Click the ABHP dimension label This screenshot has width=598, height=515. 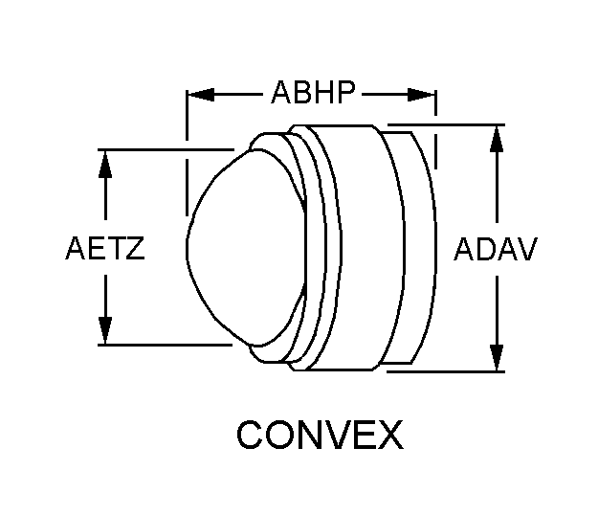tap(314, 92)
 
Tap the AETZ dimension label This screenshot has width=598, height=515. tap(105, 248)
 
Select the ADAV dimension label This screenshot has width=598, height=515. tap(496, 249)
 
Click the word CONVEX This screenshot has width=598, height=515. tap(320, 435)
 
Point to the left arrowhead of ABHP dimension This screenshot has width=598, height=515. tap(201, 95)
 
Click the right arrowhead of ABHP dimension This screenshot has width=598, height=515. tap(421, 95)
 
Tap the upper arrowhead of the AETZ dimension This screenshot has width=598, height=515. tap(105, 164)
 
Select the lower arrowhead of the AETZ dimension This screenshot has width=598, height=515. tap(105, 330)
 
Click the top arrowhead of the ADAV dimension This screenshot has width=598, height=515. tap(497, 139)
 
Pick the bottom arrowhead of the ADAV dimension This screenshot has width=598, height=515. tap(497, 357)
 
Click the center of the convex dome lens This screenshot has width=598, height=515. tap(246, 247)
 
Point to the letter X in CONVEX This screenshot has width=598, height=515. tap(390, 435)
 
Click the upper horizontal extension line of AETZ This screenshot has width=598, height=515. tap(166, 149)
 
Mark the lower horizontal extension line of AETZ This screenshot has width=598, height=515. tap(166, 345)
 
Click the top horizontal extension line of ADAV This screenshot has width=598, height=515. tap(446, 124)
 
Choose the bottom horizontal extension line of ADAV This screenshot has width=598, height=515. tap(446, 371)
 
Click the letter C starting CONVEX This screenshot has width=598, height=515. tap(249, 435)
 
